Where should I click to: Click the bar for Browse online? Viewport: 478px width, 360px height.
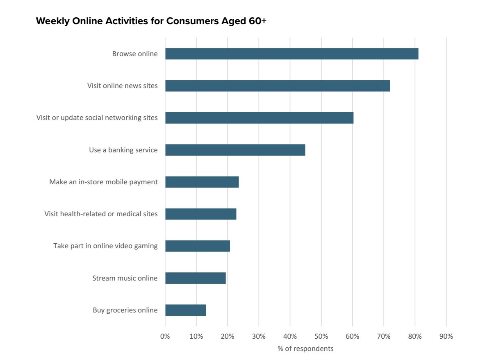(x=291, y=54)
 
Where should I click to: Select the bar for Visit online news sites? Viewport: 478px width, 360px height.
(x=278, y=86)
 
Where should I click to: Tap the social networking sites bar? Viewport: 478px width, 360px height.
(x=259, y=118)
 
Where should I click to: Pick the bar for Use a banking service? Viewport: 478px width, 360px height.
(x=235, y=150)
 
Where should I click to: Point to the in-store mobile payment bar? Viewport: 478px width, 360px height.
(x=202, y=182)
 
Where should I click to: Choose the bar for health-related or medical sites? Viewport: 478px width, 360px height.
(x=200, y=214)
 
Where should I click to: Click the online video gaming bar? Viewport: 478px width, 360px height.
(x=197, y=246)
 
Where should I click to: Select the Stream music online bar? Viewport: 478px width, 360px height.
(x=195, y=278)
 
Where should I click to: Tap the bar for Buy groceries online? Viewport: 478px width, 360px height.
(x=185, y=310)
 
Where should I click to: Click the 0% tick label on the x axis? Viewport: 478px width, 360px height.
(x=165, y=337)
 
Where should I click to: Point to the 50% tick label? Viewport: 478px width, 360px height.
(x=321, y=337)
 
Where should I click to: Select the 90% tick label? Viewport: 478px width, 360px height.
(x=446, y=337)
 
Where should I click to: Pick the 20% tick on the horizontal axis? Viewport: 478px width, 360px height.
(x=228, y=337)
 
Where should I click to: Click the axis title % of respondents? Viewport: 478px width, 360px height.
(x=305, y=349)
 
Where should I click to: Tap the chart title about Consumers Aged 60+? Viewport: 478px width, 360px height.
(x=151, y=21)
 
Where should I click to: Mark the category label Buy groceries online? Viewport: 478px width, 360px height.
(x=125, y=310)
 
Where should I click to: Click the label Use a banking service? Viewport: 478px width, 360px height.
(x=123, y=150)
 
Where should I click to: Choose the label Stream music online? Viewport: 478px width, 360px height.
(x=125, y=278)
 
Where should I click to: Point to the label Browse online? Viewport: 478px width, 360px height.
(x=134, y=54)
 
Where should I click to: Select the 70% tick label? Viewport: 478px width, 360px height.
(x=384, y=337)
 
